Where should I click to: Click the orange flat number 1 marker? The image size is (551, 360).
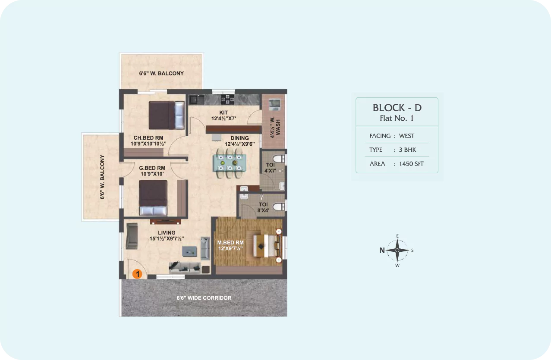tap(137, 274)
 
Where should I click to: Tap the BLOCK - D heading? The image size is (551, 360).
tap(397, 108)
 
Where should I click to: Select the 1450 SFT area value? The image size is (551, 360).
tap(411, 164)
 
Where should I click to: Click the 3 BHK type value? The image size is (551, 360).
tap(407, 150)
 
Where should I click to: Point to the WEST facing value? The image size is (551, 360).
tap(406, 136)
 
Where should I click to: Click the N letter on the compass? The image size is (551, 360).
tap(382, 250)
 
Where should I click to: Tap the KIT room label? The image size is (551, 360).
tap(224, 113)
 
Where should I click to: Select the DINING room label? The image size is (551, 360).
tap(239, 138)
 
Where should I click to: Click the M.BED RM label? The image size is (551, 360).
tap(230, 243)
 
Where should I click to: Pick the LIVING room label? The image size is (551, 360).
tap(167, 232)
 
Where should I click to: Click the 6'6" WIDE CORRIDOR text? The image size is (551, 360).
tap(204, 298)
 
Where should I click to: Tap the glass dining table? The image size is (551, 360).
tap(230, 163)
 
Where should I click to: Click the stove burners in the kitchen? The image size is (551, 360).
tap(227, 100)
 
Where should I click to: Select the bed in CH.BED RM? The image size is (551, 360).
tap(167, 115)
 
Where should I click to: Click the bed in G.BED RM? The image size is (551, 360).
tap(153, 198)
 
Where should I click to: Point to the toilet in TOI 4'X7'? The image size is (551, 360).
tap(279, 159)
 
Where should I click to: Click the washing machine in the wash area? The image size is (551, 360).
tap(274, 105)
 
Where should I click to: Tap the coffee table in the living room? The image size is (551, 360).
tap(189, 251)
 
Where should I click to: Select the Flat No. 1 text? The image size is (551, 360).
tap(397, 118)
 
